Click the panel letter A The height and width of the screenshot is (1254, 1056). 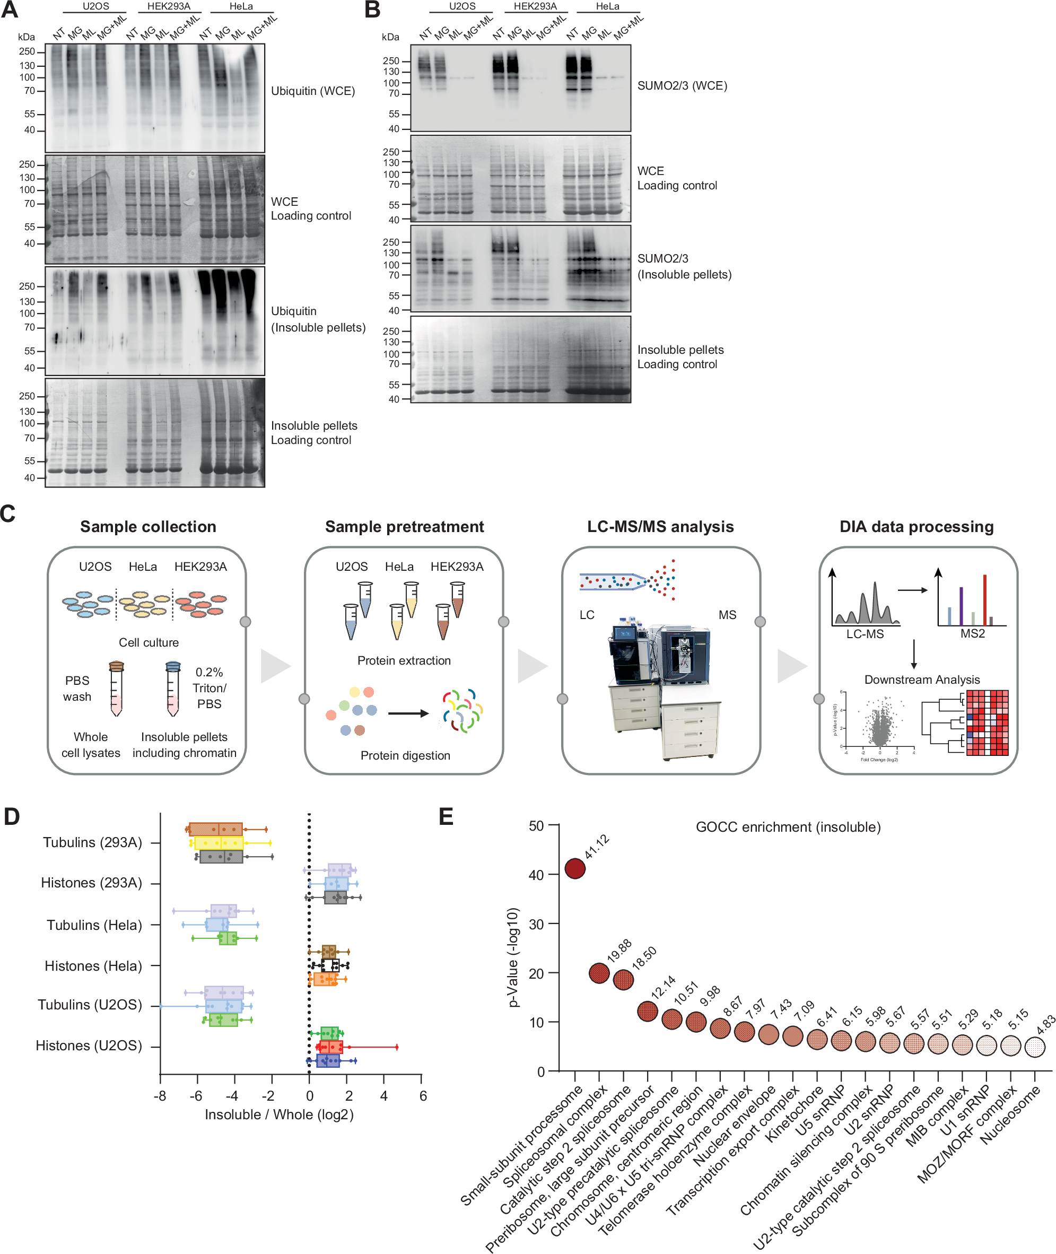10,10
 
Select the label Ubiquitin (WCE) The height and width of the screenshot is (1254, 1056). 312,91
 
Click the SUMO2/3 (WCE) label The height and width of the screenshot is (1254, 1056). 682,85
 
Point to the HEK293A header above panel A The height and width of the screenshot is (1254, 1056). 169,6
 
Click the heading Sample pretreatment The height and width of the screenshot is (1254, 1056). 404,526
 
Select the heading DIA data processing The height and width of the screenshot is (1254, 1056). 916,526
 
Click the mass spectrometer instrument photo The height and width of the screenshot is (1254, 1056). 661,689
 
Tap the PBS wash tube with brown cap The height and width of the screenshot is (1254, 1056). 116,689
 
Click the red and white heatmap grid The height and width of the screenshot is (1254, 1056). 987,722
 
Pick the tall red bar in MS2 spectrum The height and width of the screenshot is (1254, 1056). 985,600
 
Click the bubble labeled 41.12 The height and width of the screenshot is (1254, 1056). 575,868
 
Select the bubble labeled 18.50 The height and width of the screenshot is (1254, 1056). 623,979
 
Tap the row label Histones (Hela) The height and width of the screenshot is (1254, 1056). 93,965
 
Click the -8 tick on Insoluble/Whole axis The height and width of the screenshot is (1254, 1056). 160,1096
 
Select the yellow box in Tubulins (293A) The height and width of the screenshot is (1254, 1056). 219,843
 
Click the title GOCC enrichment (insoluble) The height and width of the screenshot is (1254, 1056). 788,826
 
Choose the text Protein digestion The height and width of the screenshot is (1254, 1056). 405,755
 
